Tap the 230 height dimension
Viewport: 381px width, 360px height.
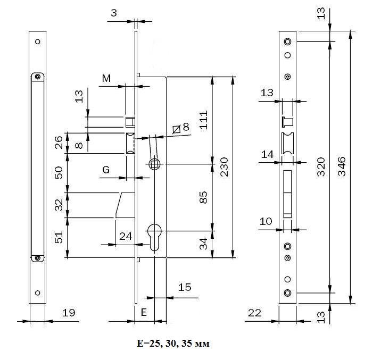click(223, 166)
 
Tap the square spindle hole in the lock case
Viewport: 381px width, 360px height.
click(154, 164)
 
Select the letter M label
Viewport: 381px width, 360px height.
click(106, 79)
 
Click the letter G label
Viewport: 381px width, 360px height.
click(106, 170)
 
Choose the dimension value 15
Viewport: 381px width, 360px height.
click(184, 288)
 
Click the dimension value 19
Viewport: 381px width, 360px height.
click(69, 314)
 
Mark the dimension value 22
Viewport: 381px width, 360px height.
click(254, 314)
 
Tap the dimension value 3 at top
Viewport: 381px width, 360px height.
click(113, 13)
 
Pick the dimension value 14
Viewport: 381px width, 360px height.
click(267, 155)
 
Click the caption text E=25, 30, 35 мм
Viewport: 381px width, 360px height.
click(173, 344)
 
